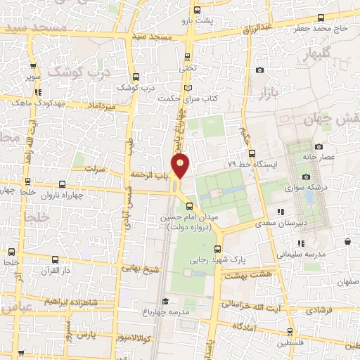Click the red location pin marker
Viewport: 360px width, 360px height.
coord(181,165)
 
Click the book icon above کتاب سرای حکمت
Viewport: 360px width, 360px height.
coord(188,87)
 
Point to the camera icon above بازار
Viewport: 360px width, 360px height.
coord(260,70)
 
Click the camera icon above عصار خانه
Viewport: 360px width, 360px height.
coord(319,146)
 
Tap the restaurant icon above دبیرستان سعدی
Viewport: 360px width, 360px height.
coord(281,211)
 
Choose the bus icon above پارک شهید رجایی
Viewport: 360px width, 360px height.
coord(217,248)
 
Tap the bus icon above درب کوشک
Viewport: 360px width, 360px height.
coord(136,77)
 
